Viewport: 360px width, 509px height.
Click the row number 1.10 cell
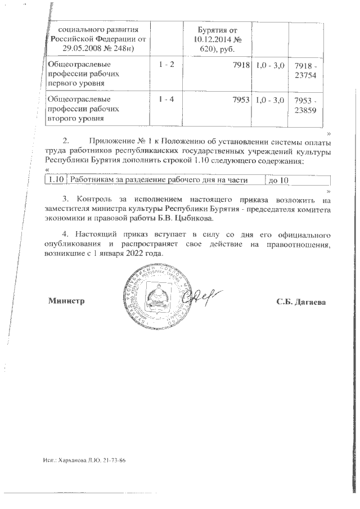point(55,180)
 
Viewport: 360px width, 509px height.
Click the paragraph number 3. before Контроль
point(65,199)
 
